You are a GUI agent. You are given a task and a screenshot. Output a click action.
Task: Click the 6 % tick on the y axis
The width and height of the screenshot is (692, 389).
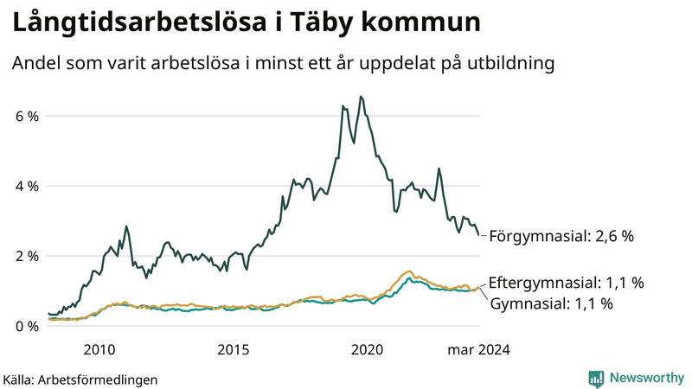27,116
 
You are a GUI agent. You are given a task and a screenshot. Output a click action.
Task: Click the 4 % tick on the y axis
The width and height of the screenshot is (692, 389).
27,186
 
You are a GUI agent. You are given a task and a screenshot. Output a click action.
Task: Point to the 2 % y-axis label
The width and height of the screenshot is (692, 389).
27,257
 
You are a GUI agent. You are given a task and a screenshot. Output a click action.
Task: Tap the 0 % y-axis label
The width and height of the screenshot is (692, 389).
27,327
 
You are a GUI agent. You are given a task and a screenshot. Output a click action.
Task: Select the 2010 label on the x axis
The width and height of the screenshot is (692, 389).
99,350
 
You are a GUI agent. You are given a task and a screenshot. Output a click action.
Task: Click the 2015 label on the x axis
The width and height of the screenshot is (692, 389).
233,350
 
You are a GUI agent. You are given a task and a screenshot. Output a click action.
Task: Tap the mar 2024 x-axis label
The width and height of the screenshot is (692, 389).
477,350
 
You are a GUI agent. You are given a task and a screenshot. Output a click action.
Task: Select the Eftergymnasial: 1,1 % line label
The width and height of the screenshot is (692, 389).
567,284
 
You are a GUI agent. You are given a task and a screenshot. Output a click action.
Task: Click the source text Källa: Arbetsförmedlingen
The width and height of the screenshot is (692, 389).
80,379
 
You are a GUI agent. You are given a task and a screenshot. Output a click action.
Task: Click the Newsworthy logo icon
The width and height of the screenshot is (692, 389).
596,378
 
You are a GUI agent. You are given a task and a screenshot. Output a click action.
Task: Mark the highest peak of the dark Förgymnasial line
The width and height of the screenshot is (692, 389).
361,97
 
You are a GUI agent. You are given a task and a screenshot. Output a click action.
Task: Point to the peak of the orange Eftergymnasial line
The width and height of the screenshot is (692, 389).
409,271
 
